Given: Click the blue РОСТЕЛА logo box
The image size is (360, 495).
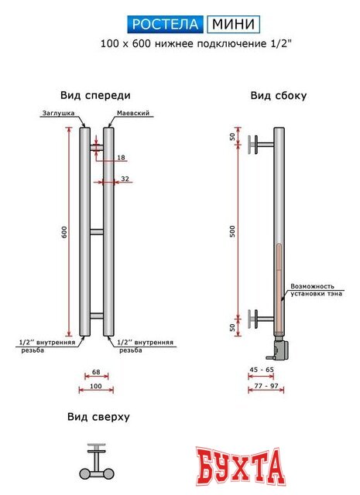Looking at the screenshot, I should coord(166,25).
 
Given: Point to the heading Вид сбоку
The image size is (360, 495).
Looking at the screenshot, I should coord(278,96).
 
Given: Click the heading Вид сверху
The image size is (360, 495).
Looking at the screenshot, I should coord(98,417).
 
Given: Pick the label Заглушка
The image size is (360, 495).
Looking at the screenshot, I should coord(58,113).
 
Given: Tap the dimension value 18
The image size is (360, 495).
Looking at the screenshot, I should coord(121,158).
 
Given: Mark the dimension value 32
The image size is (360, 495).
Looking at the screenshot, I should coord(125,179).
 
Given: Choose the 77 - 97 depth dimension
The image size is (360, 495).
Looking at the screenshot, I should coord(264,385).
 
